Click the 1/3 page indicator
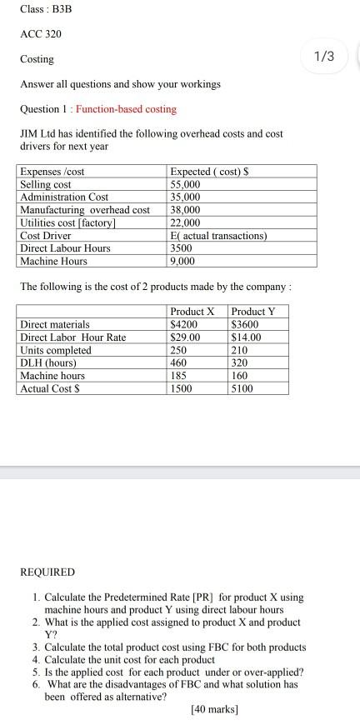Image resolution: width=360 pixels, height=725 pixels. (324, 56)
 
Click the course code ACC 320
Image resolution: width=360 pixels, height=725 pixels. (41, 35)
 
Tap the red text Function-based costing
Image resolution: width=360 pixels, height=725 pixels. (126, 109)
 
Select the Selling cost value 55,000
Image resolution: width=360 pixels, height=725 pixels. (185, 184)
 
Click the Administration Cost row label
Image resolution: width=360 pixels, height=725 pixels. (63, 197)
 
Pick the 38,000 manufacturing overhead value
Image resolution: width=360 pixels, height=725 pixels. (185, 210)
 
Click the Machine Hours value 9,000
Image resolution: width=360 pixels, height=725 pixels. (183, 261)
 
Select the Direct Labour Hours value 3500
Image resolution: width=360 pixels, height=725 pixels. (181, 248)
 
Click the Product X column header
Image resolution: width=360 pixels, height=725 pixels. (192, 312)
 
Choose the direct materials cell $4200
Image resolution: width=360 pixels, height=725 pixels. (183, 324)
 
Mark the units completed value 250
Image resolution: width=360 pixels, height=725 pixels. (179, 350)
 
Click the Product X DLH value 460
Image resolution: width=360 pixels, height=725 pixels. (179, 362)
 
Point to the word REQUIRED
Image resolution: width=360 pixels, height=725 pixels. (47, 572)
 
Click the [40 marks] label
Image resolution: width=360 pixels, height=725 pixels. (214, 709)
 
